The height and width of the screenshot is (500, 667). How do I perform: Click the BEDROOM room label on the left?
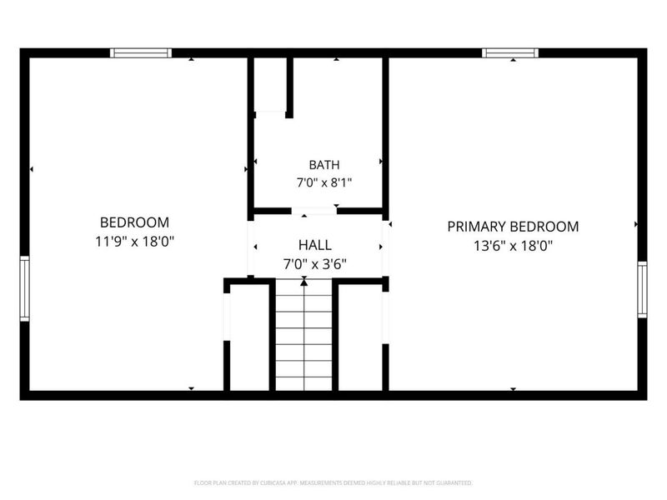point(134,222)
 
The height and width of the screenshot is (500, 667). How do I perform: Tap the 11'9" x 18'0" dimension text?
point(134,242)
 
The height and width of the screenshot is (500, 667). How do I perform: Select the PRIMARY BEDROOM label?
point(513,227)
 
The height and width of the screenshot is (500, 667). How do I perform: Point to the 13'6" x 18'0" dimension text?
point(513,246)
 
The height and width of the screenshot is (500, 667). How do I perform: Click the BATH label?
point(324,164)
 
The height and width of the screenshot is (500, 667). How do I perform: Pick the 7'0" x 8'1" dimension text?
point(324,182)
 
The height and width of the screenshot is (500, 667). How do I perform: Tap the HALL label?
point(315,245)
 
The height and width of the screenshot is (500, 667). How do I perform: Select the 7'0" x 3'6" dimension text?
point(315,264)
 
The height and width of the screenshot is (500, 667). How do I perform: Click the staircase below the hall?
point(303,335)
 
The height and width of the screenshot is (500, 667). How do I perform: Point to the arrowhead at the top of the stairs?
point(303,282)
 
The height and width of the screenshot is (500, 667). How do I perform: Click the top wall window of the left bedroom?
point(141,52)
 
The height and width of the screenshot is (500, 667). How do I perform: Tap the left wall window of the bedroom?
point(25,288)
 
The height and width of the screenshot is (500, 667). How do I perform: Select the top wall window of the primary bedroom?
point(510,52)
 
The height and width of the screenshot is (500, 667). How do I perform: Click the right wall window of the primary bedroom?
point(642,289)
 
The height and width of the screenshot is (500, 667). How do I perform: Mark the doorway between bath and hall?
point(314,211)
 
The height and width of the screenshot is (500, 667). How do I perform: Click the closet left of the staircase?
point(249,337)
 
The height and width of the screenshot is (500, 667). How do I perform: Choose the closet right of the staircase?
point(360,337)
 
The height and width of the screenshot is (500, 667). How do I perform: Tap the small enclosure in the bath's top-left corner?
point(270,85)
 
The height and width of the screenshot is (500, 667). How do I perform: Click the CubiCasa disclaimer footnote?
point(333,483)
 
